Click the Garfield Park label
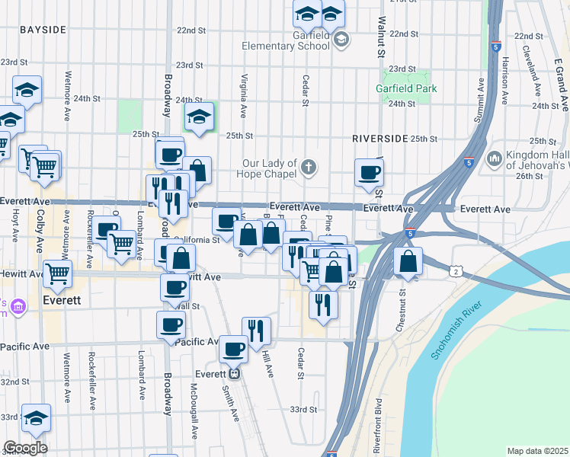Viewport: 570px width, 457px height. coord(406,88)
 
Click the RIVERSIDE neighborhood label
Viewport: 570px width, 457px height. coord(379,139)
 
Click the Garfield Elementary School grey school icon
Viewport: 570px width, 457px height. coord(341,40)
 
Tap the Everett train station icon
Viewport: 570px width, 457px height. coord(235,373)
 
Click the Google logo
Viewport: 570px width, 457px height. coord(24,448)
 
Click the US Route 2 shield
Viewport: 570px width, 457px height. coord(455,272)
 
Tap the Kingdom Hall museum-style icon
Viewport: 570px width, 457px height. coord(494,158)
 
